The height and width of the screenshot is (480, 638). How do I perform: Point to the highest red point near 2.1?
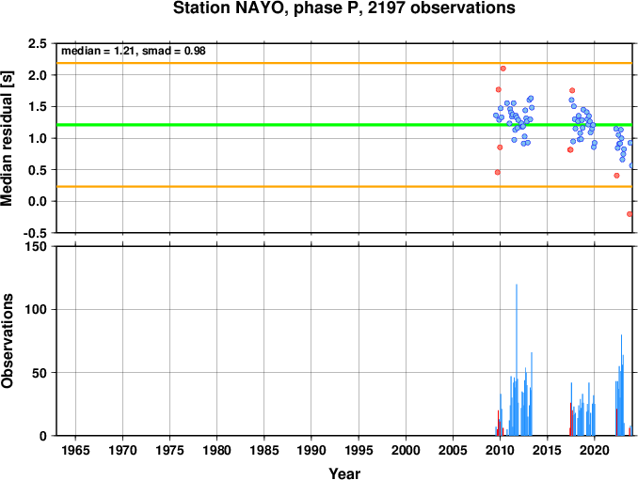coord(502,69)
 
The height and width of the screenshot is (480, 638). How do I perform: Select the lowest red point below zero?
coord(630,214)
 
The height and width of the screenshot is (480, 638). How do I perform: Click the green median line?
coord(344,125)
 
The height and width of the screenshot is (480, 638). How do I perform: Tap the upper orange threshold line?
coord(344,63)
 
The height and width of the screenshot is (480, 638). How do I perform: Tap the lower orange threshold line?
coord(344,186)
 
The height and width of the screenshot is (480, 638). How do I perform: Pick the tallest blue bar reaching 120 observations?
coord(517,360)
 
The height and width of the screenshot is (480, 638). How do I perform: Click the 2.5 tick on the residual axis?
coord(37,43)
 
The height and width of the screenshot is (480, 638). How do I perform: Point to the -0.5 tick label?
coord(35,233)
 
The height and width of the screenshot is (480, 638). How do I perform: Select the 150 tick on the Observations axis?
coord(36,247)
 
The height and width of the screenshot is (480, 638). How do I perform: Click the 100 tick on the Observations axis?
coord(36,310)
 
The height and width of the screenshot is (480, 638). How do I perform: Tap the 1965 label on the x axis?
coord(75,450)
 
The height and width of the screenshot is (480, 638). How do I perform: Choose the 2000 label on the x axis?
coord(406,450)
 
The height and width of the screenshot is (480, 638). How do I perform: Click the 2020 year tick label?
coord(595,450)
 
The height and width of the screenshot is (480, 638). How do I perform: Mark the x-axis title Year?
coord(344,473)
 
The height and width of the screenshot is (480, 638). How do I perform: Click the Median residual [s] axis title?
coord(7,138)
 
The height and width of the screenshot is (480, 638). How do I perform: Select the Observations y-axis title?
coord(7,341)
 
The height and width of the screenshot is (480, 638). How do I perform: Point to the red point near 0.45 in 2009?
coord(497,172)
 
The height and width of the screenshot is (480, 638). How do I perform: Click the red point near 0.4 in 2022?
coord(616,176)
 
